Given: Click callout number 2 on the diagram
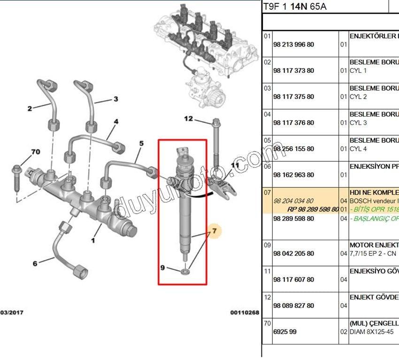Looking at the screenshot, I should tap(30, 109).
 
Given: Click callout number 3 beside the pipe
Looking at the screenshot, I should tap(115, 99).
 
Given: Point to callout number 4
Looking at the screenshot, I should tap(115, 122).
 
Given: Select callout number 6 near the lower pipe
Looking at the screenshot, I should tap(35, 264).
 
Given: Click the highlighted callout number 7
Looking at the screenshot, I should tap(215, 231).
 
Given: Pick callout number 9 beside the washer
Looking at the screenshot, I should tap(163, 268).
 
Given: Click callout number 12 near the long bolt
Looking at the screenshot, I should tap(188, 119).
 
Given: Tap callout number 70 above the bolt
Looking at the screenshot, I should tap(35, 152).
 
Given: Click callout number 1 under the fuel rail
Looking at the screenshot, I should tap(93, 241).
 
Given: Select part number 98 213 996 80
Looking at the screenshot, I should tap(293, 44).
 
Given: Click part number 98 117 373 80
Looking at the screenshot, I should tap(293, 70).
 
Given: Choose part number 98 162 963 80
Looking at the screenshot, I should tap(293, 175).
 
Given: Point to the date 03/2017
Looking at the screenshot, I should tap(12, 312).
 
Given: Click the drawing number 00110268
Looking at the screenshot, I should tap(244, 312).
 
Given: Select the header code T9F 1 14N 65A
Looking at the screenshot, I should tap(294, 7).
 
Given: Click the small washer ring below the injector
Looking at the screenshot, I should tap(186, 271).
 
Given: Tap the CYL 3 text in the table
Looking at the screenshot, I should tap(358, 123).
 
